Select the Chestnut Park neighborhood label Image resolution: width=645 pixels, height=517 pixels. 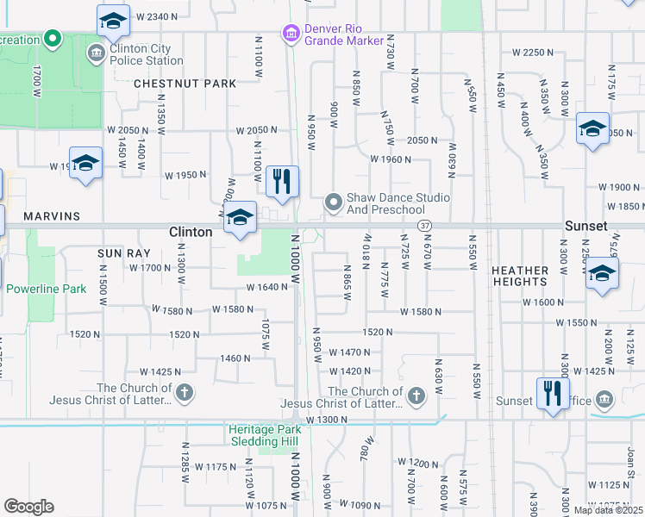(185, 84)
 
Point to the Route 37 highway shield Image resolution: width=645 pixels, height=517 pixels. (424, 225)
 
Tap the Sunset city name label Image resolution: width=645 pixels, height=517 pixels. (586, 226)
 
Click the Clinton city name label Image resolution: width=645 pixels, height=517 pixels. (191, 232)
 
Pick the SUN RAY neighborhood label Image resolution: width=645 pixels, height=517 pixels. (124, 253)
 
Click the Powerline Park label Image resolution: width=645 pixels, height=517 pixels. (47, 289)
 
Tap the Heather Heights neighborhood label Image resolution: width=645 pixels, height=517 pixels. (520, 276)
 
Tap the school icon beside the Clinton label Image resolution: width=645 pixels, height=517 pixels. (241, 217)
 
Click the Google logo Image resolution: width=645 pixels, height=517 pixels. (28, 507)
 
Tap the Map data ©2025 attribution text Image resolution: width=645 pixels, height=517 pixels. (608, 510)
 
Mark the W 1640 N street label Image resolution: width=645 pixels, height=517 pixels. (266, 288)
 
